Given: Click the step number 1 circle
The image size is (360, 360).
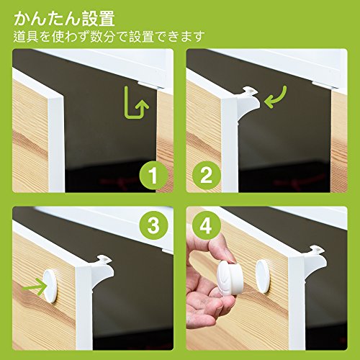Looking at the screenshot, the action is [153, 175].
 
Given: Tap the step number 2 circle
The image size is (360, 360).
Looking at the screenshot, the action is [207, 175].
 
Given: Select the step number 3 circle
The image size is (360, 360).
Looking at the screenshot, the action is [153, 225].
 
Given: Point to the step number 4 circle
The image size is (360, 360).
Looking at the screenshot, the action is [207, 225].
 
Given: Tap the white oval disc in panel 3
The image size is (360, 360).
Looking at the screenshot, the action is [50, 286].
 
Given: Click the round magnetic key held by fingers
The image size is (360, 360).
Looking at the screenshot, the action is [230, 278].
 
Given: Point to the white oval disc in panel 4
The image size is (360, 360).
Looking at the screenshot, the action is [263, 276].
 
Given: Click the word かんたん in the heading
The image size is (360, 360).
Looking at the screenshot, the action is [48, 19].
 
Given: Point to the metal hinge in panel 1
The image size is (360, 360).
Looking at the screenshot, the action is [150, 84].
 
